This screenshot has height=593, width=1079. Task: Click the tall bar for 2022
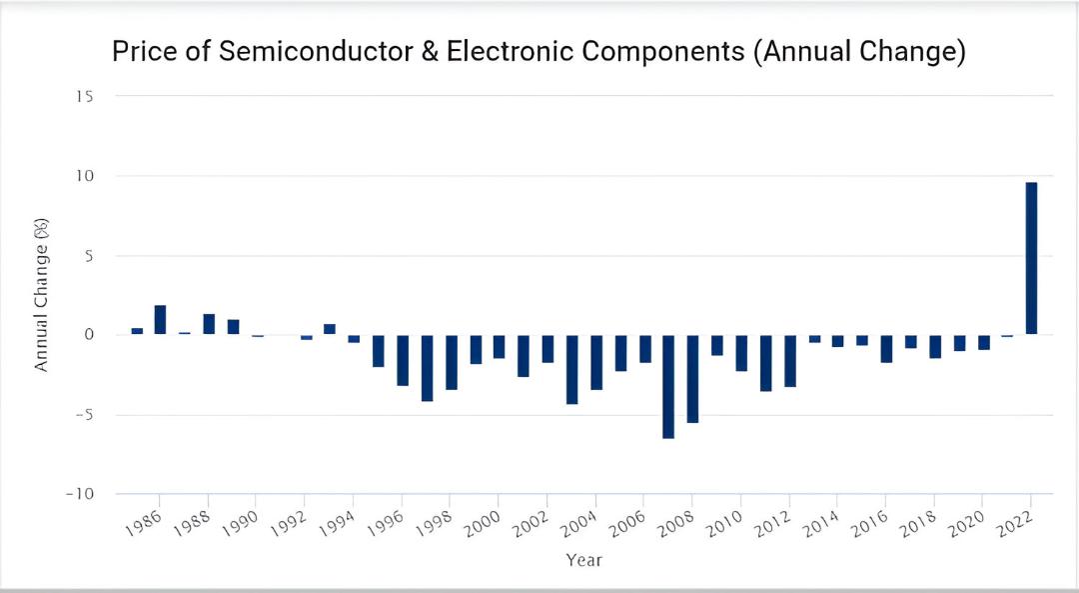tap(1031, 258)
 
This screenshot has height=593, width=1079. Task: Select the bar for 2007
tap(668, 386)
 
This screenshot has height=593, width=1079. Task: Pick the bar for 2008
tap(692, 379)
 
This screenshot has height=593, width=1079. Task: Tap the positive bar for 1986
tap(160, 320)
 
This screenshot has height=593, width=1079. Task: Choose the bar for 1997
tap(427, 368)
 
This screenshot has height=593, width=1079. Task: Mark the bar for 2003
tap(571, 369)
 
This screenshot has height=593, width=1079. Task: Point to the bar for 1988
tap(209, 324)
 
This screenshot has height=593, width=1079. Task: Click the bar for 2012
tap(789, 361)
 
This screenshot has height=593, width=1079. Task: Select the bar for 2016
tap(886, 348)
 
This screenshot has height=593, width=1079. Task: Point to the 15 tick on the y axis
tap(85, 96)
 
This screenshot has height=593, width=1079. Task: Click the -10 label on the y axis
tap(80, 495)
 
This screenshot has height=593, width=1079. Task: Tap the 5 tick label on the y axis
tap(89, 256)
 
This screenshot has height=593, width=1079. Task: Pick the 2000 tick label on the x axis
tap(484, 524)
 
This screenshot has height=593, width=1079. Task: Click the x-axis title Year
tap(584, 560)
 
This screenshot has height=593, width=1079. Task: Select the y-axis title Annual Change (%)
tap(42, 295)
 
